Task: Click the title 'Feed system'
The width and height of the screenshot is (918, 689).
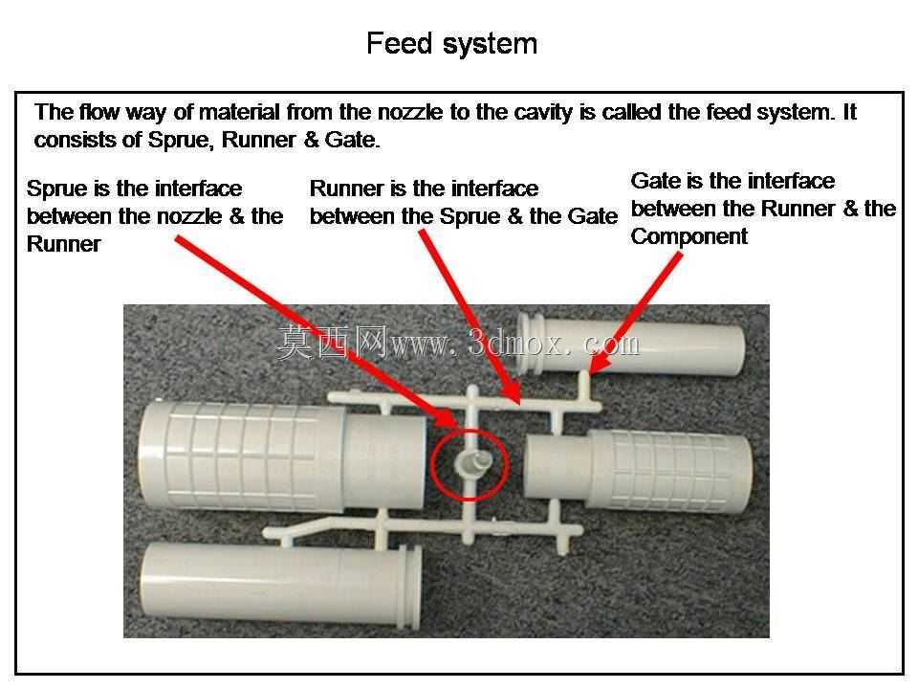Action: [452, 43]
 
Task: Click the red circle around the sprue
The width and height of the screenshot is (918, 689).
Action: [431, 464]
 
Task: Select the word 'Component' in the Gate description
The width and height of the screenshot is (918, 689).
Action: [689, 236]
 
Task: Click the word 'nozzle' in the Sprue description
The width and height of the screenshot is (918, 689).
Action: [192, 216]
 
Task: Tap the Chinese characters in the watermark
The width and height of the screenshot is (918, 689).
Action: [332, 342]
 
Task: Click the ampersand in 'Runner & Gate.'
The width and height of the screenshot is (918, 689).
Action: [311, 140]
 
